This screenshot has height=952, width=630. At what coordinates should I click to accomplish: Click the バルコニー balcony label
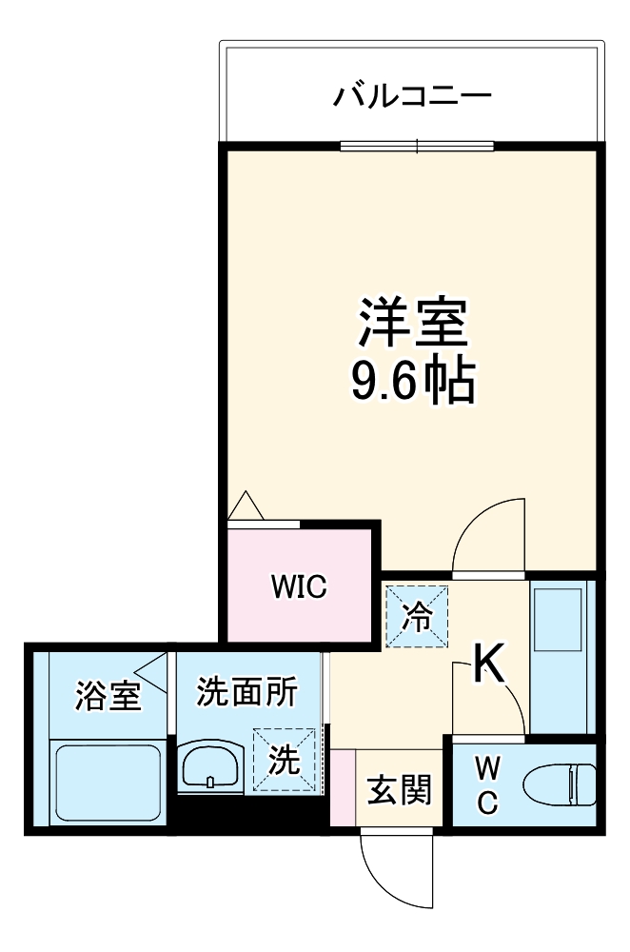pos(411,97)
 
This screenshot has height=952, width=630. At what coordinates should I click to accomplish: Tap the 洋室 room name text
pos(413,324)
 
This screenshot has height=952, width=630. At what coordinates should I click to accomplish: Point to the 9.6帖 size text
pos(413,381)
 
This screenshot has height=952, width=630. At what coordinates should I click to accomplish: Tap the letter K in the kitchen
pos(490,664)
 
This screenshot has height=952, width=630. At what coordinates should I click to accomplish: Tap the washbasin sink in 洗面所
pos(210,764)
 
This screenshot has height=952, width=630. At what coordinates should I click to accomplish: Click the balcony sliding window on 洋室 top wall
pos(417,147)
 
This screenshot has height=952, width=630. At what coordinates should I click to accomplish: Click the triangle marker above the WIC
pos(246,506)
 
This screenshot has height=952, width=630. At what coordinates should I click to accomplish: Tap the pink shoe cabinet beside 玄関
pos(342,788)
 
